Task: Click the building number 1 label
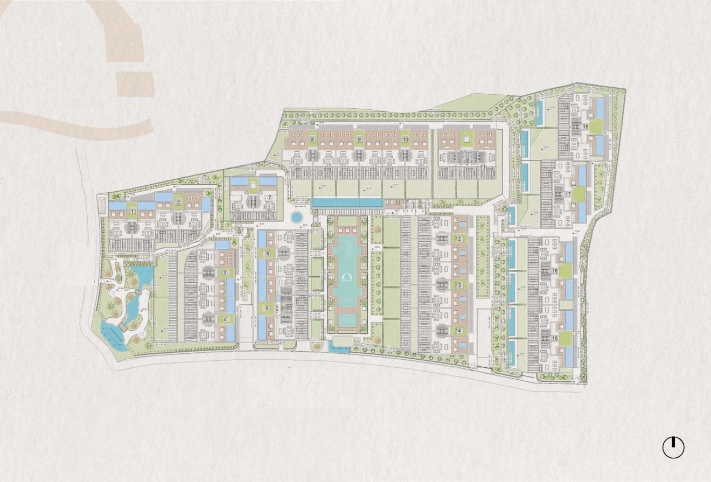(x=132, y=212)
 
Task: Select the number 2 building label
(x=178, y=202)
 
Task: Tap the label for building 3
(x=225, y=273)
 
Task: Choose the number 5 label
(x=267, y=309)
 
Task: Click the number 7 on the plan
(x=269, y=197)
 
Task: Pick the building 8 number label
(x=312, y=140)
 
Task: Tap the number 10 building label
(x=359, y=140)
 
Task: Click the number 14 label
(x=458, y=331)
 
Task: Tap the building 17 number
(x=568, y=194)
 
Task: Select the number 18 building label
(x=585, y=127)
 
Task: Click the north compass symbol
(x=673, y=448)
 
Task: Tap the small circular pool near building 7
(x=296, y=218)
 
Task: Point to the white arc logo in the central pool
(x=347, y=277)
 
